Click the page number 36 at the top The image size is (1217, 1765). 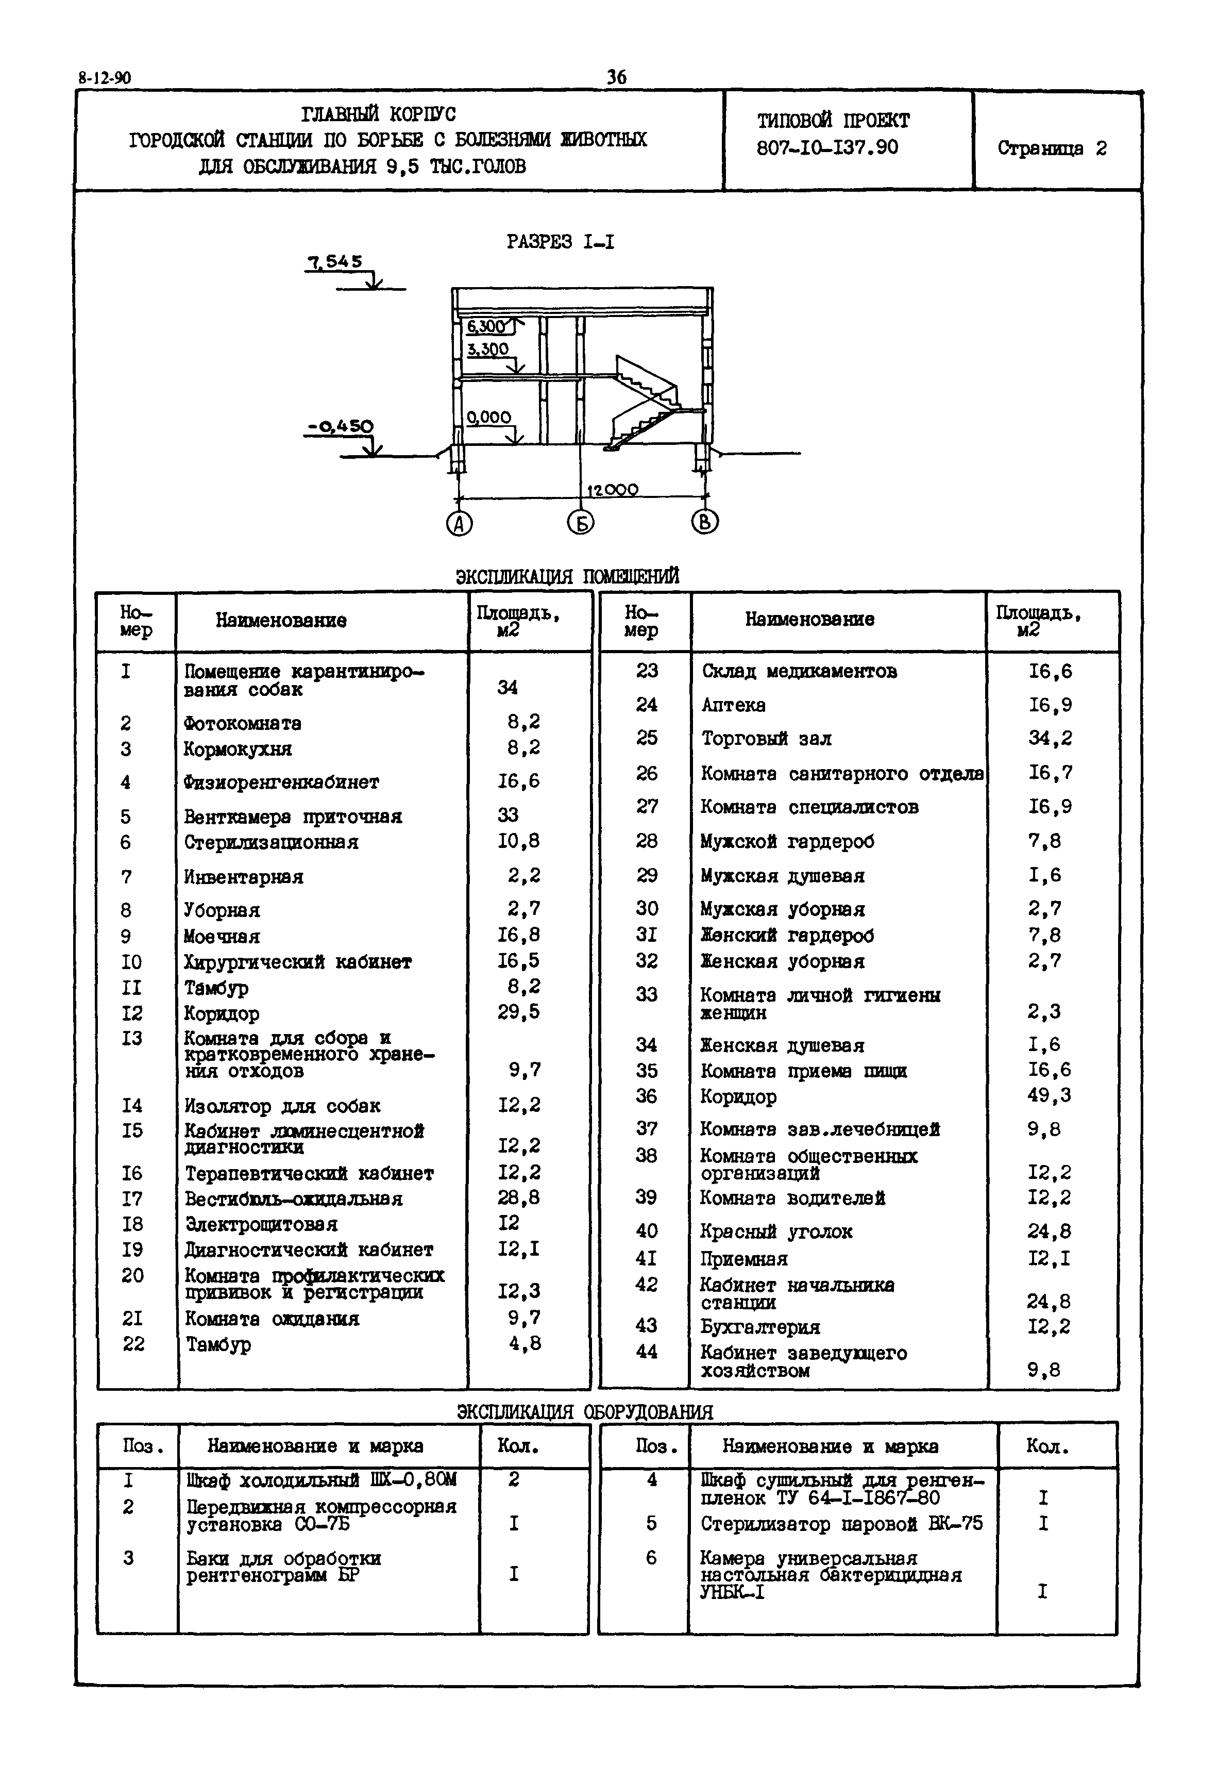tap(616, 77)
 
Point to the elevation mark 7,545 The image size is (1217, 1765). tap(335, 262)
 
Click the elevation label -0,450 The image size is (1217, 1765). tap(340, 426)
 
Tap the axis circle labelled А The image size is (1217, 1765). tap(459, 523)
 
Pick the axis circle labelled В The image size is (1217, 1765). tap(704, 522)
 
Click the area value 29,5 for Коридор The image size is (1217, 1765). tap(518, 1011)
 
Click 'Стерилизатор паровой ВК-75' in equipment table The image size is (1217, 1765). tap(841, 1523)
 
